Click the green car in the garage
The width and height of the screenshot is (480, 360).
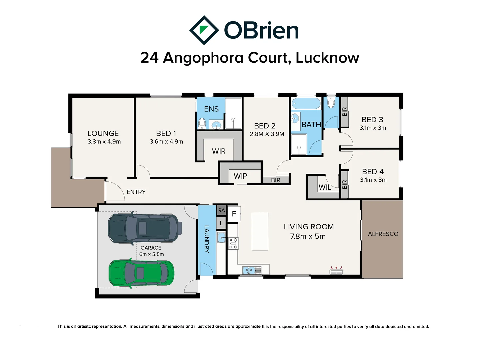[141, 273]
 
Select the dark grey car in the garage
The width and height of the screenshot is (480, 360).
[145, 228]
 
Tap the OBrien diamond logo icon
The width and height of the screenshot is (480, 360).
[204, 30]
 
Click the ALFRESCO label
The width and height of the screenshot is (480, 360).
[383, 234]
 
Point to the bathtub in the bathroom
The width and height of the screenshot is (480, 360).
[306, 103]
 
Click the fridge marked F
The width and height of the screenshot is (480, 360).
[234, 214]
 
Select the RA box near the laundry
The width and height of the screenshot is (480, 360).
[221, 210]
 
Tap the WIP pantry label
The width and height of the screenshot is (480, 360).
[240, 176]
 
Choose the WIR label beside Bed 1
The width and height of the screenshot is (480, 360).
[218, 151]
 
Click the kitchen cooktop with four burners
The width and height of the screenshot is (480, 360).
[233, 243]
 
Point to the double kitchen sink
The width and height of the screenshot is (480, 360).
[252, 270]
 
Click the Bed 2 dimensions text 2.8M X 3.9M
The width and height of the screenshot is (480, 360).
[267, 134]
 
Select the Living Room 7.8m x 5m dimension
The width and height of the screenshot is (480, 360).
[308, 236]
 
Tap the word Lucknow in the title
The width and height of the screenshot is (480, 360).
[327, 58]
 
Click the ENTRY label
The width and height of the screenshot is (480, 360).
[136, 192]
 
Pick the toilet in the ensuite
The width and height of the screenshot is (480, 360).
[202, 124]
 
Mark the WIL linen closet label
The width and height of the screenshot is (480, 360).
[325, 187]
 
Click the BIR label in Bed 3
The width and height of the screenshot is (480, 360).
[344, 112]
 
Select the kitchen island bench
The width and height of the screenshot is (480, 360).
[260, 231]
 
